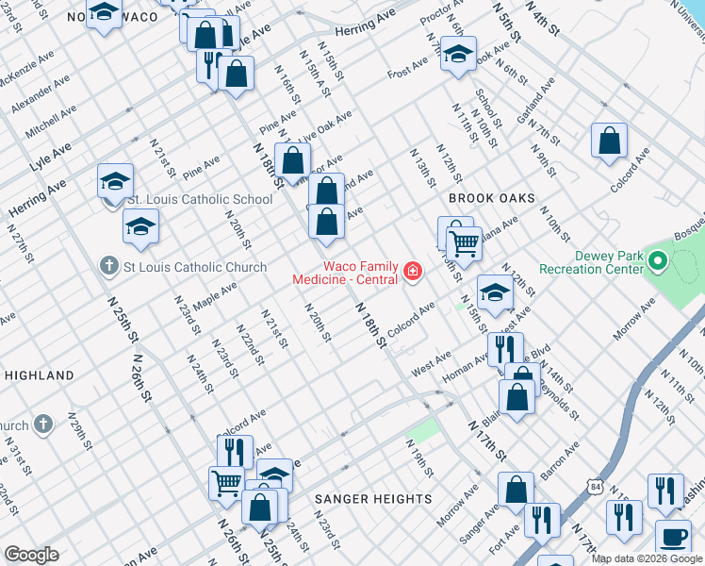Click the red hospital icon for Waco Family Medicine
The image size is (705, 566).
pos(411,273)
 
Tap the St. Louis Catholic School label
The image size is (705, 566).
pos(200,200)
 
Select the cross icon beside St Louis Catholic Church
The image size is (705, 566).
pos(110,267)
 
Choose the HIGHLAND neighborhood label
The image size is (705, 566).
pos(40,375)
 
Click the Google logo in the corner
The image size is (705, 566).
pos(31,555)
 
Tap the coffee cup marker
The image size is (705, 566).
pos(672,536)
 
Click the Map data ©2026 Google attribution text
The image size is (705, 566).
pos(646,558)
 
